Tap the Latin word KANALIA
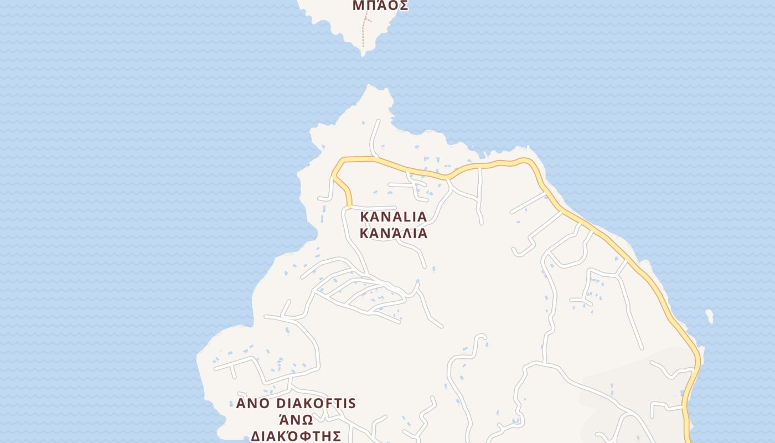coord(394,217)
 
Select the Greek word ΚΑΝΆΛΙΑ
coord(394,233)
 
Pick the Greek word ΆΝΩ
coord(295,419)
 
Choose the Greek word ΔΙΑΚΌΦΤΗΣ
coord(293,435)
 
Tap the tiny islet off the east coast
coord(710,316)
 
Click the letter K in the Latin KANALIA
coord(365,217)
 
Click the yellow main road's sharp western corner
coord(334,176)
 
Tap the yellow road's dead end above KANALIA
coord(349,207)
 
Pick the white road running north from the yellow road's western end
coord(375,136)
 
